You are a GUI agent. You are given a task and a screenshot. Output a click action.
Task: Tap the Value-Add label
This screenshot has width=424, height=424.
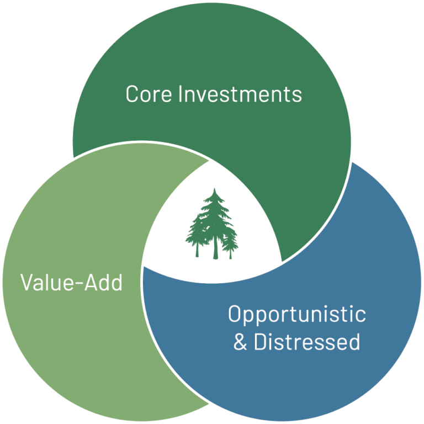point(71,283)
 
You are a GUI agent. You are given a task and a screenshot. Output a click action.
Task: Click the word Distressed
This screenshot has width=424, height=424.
point(307,342)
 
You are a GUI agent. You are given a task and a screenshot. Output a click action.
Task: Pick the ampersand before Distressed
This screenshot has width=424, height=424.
point(240,342)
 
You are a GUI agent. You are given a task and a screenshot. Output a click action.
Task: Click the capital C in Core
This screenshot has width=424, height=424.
point(132,94)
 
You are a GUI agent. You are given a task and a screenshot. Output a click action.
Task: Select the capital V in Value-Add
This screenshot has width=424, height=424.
point(26,283)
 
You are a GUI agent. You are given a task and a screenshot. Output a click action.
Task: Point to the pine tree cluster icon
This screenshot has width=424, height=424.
point(213,224)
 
